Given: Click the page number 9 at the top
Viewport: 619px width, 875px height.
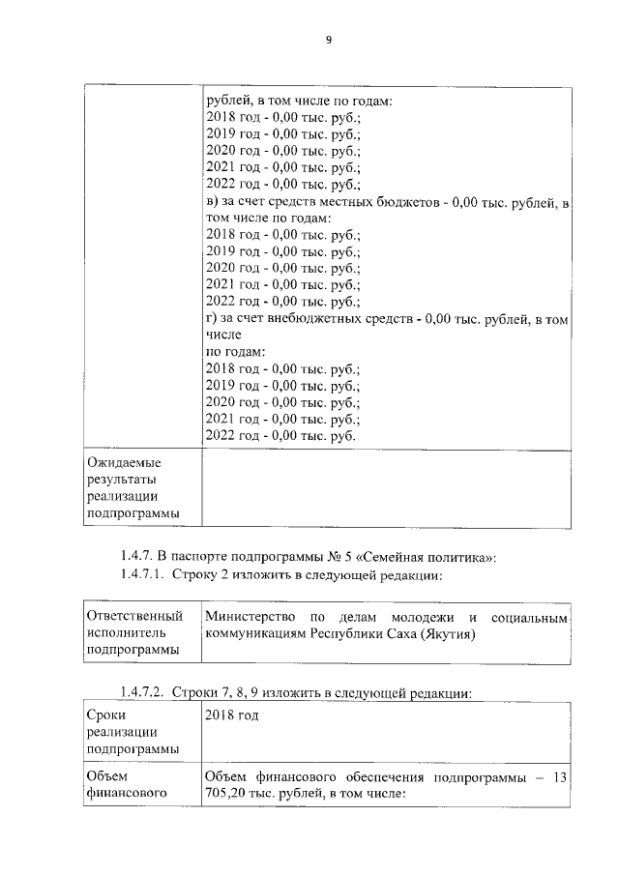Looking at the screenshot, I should point(328,40).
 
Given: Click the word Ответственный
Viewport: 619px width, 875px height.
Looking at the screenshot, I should point(134,616).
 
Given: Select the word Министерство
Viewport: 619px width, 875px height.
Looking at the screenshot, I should point(251,617).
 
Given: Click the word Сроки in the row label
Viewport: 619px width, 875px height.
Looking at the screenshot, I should point(104,715).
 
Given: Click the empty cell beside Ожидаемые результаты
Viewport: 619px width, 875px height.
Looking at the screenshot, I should point(386,488).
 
